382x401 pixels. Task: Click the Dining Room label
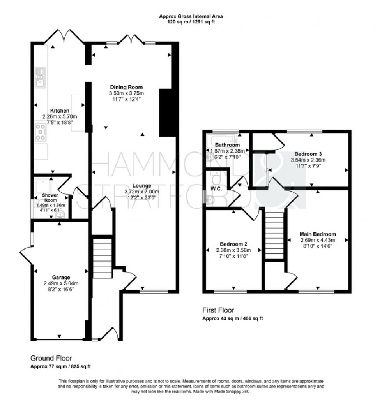(x=126, y=87)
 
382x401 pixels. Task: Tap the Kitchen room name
(x=60, y=111)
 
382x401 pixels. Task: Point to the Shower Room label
(x=50, y=197)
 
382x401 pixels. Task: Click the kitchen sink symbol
(x=40, y=78)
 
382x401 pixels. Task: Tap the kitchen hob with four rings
(x=41, y=132)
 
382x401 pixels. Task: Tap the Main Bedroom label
(x=318, y=234)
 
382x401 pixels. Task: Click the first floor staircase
(x=275, y=234)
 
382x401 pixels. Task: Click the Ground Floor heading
(x=51, y=358)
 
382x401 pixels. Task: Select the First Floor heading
(x=218, y=310)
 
